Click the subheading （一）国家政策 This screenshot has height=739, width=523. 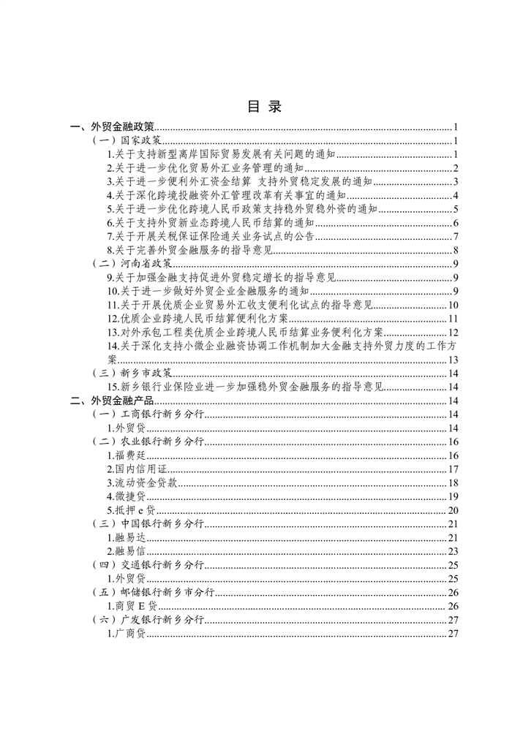(129, 140)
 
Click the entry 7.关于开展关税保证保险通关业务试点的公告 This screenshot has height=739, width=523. (211, 236)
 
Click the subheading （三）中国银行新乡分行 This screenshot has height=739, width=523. (151, 523)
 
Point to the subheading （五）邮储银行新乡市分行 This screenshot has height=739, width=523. (155, 592)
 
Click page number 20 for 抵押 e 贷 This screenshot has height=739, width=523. (452, 510)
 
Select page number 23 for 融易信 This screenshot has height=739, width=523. (452, 551)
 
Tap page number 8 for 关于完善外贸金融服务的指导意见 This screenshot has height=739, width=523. (455, 250)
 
